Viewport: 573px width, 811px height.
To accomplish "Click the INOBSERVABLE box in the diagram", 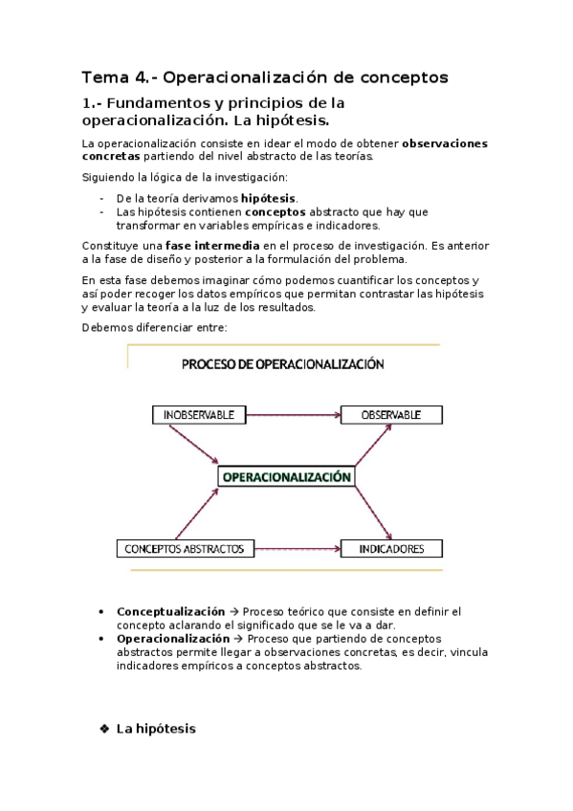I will coord(199,415).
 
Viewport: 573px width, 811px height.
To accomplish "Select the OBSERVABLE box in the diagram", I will coord(391,415).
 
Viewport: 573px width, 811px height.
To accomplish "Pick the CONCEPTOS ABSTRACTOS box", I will coord(185,549).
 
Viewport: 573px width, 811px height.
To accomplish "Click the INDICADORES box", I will coord(391,549).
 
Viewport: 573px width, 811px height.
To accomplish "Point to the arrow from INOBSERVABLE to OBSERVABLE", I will coord(294,415).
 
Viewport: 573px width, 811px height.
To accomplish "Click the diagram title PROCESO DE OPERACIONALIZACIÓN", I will coord(282,364).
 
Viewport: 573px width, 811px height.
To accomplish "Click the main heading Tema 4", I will coord(264,77).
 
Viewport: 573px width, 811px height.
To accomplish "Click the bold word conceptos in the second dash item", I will coord(275,211).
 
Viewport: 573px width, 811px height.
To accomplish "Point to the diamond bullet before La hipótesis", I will coord(104,729).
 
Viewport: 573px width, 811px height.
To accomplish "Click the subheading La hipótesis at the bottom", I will coord(155,729).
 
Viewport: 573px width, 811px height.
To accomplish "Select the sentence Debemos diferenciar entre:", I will coord(154,328).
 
